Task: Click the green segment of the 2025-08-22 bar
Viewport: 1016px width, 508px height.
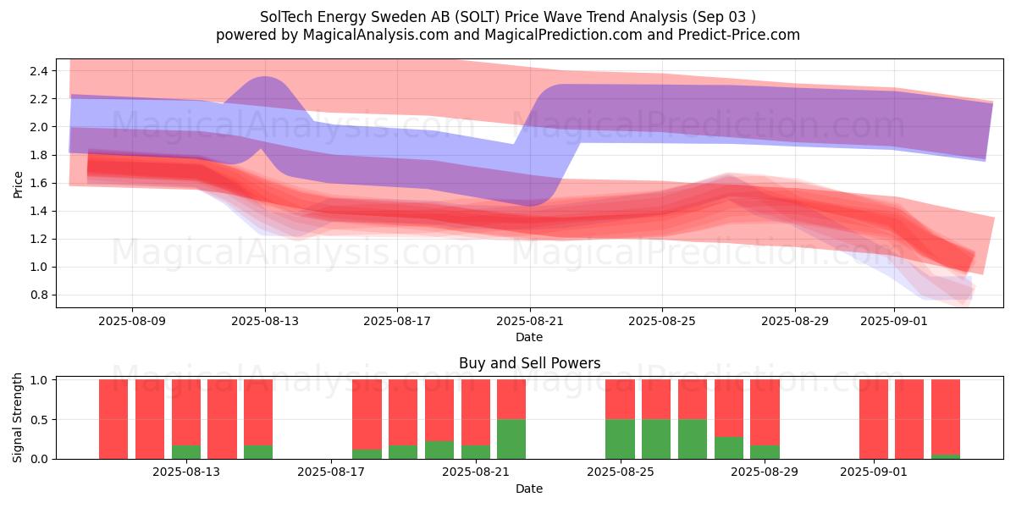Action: click(x=511, y=439)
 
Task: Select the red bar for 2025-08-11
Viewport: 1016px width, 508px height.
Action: click(x=113, y=419)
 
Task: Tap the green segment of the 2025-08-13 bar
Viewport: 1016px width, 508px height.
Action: click(x=186, y=452)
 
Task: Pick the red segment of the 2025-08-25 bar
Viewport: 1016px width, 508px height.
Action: click(x=620, y=399)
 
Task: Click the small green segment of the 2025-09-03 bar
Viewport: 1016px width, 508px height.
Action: click(x=946, y=456)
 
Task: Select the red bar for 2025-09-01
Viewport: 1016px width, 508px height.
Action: click(x=874, y=419)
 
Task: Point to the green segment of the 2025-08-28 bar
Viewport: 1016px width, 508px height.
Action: click(x=729, y=448)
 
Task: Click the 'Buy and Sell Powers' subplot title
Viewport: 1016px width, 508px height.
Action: click(x=529, y=363)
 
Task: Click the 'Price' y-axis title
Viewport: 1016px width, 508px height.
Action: click(x=18, y=183)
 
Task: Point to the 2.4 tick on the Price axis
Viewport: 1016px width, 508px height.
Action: click(x=40, y=70)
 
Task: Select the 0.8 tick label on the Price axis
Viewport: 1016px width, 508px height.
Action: click(x=40, y=295)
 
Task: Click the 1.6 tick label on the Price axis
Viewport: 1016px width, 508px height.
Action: click(x=40, y=183)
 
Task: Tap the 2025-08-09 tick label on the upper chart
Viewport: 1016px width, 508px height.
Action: click(x=132, y=322)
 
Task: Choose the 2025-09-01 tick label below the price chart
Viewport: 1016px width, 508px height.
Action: click(x=895, y=322)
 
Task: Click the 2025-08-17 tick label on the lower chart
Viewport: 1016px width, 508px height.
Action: click(x=332, y=472)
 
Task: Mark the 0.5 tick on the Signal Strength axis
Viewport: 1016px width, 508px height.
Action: click(x=40, y=420)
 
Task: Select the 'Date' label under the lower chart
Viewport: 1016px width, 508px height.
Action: click(x=529, y=489)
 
